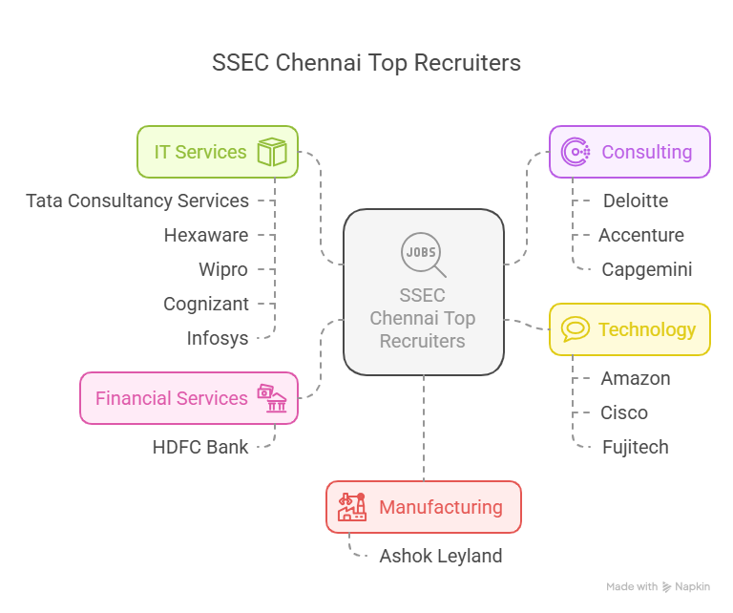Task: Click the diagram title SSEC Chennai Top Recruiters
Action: (366, 63)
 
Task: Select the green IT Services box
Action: (218, 152)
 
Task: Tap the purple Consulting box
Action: (630, 152)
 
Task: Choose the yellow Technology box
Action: (630, 329)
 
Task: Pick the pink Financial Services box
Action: (188, 398)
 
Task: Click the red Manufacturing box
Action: (424, 507)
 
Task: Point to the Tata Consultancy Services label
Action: (137, 201)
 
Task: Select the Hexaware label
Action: (206, 235)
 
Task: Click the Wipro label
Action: (223, 269)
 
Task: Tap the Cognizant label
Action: (206, 304)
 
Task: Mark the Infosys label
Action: (218, 338)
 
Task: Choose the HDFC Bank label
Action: (200, 447)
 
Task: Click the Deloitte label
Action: (636, 201)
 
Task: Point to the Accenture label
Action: (641, 235)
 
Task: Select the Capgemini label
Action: (646, 269)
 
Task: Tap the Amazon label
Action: (636, 378)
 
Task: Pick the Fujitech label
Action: (636, 447)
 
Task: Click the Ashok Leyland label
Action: (441, 556)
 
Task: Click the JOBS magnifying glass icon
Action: (423, 254)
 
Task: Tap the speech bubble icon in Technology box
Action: (576, 329)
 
